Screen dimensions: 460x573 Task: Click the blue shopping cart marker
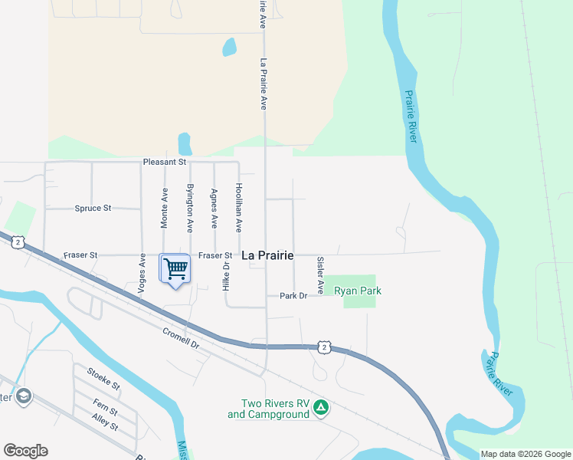tap(175, 270)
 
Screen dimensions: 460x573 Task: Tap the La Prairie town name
tap(268, 255)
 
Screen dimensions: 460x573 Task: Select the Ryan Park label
tap(358, 291)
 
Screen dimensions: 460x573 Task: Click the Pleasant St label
tap(165, 163)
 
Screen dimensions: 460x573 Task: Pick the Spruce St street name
tap(93, 208)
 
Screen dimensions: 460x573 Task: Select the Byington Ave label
tap(190, 207)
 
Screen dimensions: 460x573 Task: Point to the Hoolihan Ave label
tap(238, 208)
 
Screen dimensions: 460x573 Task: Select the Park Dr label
tap(293, 296)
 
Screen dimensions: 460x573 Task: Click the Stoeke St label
tap(103, 379)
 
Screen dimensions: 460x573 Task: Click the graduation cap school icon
tap(24, 396)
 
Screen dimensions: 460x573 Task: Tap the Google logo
tap(25, 451)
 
